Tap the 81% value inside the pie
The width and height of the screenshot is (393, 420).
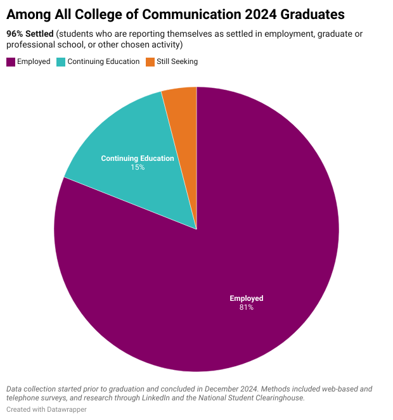(246, 307)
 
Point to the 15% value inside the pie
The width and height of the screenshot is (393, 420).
(138, 167)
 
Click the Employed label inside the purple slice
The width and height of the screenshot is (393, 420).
(246, 298)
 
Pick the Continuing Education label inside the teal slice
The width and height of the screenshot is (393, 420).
(138, 158)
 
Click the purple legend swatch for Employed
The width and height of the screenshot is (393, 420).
(11, 61)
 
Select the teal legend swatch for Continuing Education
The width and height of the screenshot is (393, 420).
(61, 61)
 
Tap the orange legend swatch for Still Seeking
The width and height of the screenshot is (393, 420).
(150, 61)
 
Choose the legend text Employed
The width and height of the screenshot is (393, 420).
(34, 61)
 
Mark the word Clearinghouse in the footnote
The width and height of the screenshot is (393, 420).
(283, 398)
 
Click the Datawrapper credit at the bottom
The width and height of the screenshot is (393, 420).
(63, 410)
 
